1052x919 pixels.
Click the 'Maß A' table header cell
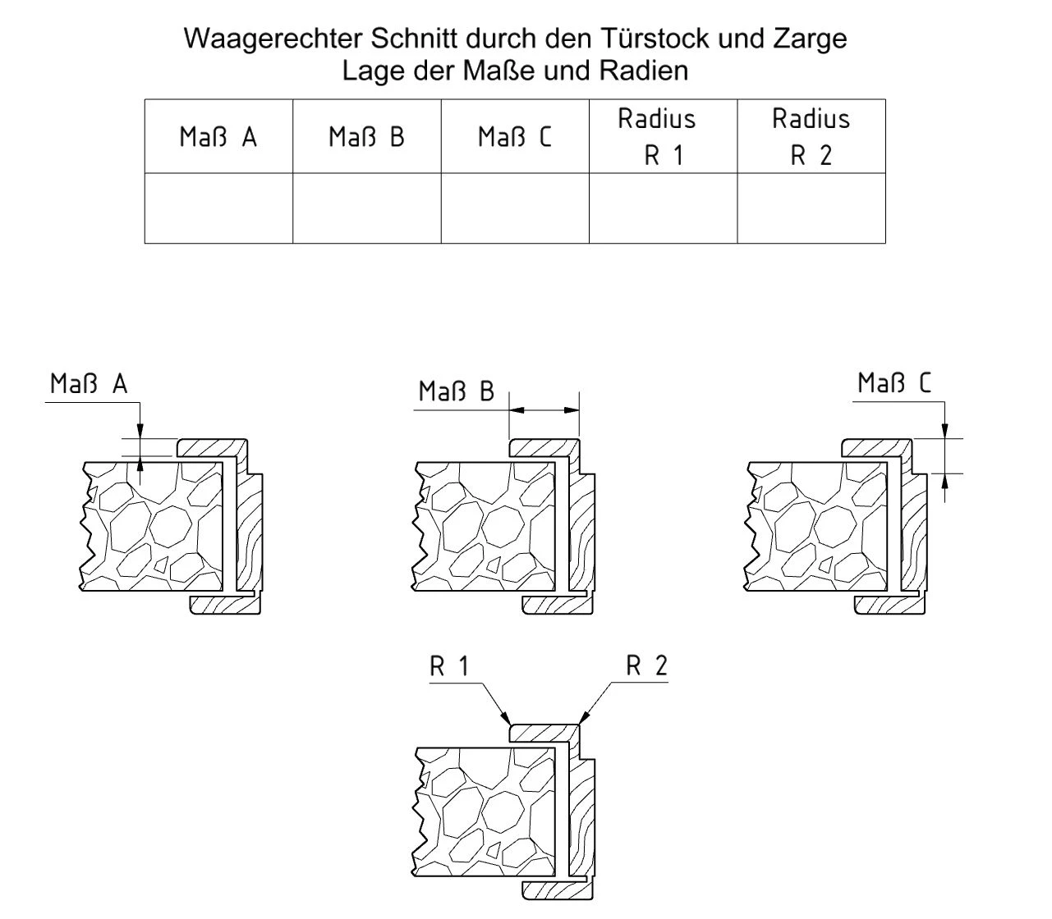(x=218, y=136)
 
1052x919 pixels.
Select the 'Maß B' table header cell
(x=366, y=136)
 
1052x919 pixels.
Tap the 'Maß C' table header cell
(x=515, y=136)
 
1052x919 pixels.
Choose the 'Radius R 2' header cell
(x=811, y=136)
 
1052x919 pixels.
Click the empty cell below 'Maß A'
(x=218, y=208)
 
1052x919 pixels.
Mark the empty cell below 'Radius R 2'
(x=811, y=208)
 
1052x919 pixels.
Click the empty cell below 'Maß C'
(x=515, y=208)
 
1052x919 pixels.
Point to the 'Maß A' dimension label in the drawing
(x=89, y=383)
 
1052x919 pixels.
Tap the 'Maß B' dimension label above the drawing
(x=457, y=391)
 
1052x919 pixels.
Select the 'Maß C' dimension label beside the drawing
(x=894, y=382)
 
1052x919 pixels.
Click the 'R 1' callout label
(x=449, y=666)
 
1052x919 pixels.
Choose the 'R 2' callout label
(x=646, y=665)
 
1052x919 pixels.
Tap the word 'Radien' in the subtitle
(x=644, y=71)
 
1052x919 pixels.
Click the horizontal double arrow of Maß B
(x=544, y=409)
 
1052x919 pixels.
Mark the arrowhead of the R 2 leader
(x=583, y=719)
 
